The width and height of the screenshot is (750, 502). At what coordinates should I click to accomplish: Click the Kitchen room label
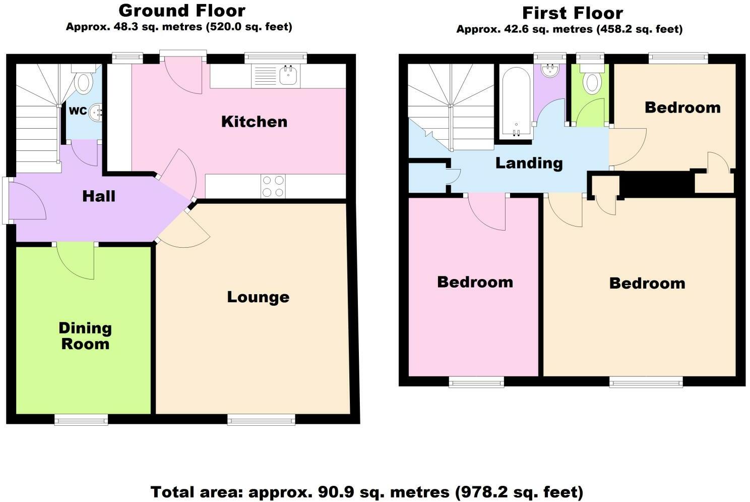[254, 122]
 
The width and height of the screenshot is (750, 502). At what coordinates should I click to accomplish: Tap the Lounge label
[258, 297]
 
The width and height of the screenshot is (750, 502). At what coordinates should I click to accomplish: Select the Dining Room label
[85, 336]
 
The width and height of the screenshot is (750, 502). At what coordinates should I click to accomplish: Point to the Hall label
[99, 196]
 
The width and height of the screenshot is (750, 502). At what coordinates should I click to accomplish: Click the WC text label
[78, 111]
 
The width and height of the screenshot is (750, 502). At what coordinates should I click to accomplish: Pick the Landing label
[529, 163]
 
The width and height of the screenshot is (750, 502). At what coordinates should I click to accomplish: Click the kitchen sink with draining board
[276, 76]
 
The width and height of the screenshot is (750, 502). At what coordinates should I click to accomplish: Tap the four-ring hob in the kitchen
[273, 186]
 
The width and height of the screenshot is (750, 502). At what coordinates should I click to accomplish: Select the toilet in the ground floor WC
[84, 81]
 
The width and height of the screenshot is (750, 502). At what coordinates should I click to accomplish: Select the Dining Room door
[76, 260]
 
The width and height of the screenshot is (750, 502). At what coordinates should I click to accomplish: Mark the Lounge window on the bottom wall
[261, 420]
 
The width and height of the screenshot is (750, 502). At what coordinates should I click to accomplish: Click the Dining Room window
[81, 420]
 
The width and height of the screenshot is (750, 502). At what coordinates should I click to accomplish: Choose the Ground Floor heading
[182, 10]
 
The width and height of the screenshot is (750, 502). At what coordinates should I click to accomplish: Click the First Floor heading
[573, 13]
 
